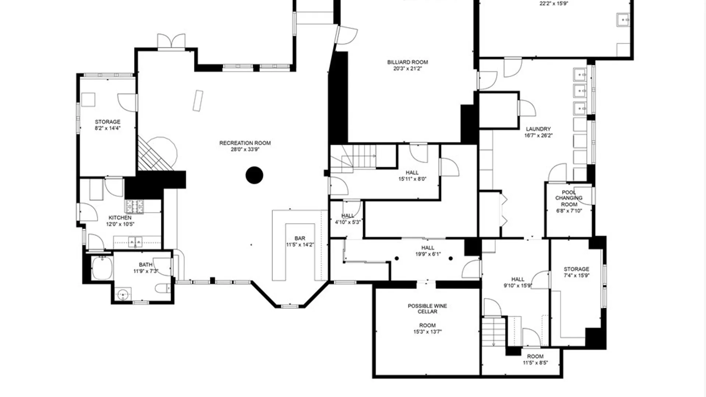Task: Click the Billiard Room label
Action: [407, 62]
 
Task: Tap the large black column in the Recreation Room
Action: [254, 175]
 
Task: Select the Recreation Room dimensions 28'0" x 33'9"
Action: [245, 149]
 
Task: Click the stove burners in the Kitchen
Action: [134, 207]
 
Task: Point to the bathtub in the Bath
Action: [102, 268]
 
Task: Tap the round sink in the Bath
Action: [123, 294]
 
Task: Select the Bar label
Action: [300, 239]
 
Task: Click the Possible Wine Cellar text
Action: [427, 308]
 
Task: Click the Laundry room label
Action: [538, 129]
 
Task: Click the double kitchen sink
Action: [135, 242]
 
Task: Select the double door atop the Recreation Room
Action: [171, 41]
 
